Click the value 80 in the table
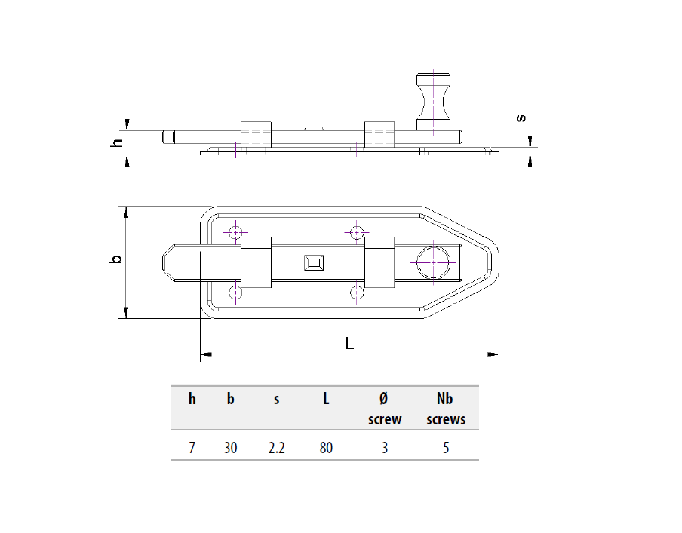(326, 448)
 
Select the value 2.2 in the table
(277, 448)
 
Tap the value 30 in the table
(231, 448)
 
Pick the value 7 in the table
(192, 448)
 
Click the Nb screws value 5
(446, 448)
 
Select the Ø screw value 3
(385, 448)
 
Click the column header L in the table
(326, 399)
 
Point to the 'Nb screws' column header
(446, 409)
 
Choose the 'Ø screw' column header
(385, 409)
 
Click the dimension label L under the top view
(349, 343)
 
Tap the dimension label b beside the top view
(115, 259)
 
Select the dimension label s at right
(520, 118)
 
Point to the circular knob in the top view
(434, 262)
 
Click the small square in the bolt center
(312, 262)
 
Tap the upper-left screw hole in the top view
(236, 233)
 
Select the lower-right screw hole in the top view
(357, 292)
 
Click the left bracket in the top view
(255, 262)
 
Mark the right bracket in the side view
(379, 134)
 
